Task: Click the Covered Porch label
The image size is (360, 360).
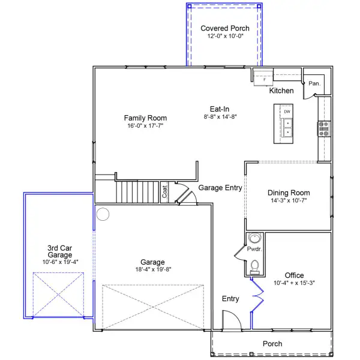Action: pos(225,28)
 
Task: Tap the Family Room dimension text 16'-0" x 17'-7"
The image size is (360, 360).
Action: pos(145,126)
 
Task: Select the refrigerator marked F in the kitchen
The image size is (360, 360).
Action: pos(263,78)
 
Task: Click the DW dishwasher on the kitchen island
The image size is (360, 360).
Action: pos(287,112)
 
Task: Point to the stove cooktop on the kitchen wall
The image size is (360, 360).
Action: pos(324,129)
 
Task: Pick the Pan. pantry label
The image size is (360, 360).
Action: pos(314,83)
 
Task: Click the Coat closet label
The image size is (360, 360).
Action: pos(164,192)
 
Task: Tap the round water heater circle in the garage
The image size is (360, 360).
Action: pos(103,214)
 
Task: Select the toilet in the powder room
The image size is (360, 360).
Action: pos(254,267)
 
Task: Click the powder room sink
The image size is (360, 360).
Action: pos(254,238)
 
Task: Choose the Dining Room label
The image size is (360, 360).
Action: pos(289,193)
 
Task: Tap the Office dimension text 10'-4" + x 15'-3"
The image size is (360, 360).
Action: pos(294,283)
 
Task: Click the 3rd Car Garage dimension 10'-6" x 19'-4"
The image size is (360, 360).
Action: pos(60,262)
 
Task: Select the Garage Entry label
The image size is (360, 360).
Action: pos(220,188)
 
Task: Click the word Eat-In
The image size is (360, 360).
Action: pos(220,109)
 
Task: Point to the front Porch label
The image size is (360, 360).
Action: pos(272,344)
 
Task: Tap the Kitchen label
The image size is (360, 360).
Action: pos(281,91)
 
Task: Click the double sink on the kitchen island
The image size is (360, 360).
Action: pos(287,128)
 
